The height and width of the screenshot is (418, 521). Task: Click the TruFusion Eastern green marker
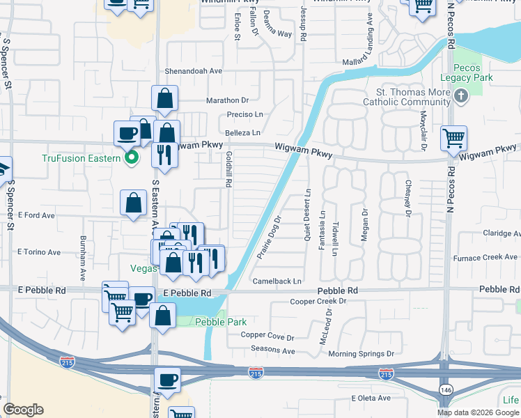[x=130, y=158]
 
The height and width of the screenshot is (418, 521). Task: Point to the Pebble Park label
[x=211, y=322]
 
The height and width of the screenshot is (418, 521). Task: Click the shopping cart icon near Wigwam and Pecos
[x=453, y=138]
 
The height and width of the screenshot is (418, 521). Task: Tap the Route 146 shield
[x=444, y=387]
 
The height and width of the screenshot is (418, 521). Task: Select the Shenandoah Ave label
[x=193, y=71]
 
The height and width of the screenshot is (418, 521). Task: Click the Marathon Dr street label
[x=227, y=100]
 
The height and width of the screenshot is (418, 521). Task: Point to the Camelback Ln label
[x=277, y=281]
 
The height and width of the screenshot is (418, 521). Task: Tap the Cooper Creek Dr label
[x=318, y=302]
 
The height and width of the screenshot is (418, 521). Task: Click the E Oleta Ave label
[x=373, y=398]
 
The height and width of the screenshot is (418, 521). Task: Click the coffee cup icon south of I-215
[x=167, y=380]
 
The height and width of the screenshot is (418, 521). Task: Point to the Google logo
[x=24, y=410]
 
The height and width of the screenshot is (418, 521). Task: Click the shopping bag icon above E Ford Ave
[x=133, y=203]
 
